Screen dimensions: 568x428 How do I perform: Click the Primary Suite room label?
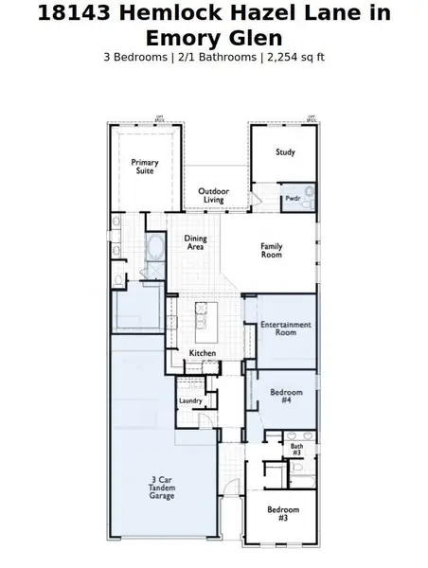145,168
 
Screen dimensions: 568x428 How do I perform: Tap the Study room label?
285,152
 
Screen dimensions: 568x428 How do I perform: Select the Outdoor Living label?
213,196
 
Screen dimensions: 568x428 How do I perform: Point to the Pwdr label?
293,198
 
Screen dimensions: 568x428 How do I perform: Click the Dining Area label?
195,243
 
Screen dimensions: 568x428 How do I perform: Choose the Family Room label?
272,251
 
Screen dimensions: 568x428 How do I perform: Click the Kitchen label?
202,353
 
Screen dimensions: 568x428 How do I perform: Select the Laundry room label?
190,401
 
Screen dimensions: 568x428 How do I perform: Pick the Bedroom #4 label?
286,396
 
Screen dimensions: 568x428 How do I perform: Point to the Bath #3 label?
296,449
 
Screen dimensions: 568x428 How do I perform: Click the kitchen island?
203,322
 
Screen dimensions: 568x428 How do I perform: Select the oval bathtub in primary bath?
157,251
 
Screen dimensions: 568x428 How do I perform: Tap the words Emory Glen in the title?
213,38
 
